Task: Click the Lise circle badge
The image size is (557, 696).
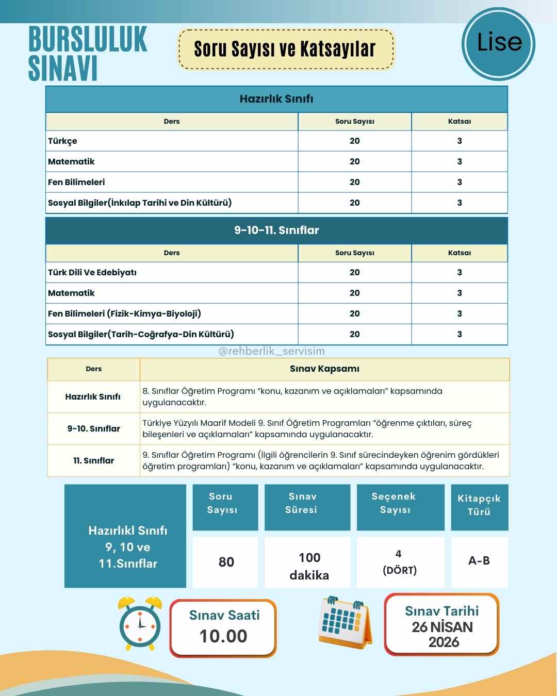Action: [498, 44]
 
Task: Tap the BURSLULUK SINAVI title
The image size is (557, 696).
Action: [88, 54]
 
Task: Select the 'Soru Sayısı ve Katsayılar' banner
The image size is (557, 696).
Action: [285, 49]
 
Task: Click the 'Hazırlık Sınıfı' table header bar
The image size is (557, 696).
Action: [276, 99]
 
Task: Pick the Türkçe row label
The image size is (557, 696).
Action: [62, 141]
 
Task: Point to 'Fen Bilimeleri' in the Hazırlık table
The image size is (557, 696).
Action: [76, 183]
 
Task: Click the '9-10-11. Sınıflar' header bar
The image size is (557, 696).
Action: [276, 230]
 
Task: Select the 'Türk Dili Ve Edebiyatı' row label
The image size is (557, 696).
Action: [92, 273]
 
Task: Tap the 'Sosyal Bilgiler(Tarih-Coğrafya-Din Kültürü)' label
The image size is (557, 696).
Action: [141, 335]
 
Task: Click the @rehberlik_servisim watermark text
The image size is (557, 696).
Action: [272, 351]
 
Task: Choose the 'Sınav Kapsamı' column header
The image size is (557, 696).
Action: [324, 369]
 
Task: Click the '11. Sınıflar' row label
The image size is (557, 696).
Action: [93, 461]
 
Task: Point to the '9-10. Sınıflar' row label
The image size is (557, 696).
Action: [93, 429]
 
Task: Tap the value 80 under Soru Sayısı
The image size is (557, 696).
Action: [226, 562]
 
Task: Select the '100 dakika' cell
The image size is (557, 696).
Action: [309, 566]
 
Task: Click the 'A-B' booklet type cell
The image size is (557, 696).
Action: [479, 561]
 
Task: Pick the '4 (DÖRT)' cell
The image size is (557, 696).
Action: [400, 562]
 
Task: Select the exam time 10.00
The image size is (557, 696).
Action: [223, 636]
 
